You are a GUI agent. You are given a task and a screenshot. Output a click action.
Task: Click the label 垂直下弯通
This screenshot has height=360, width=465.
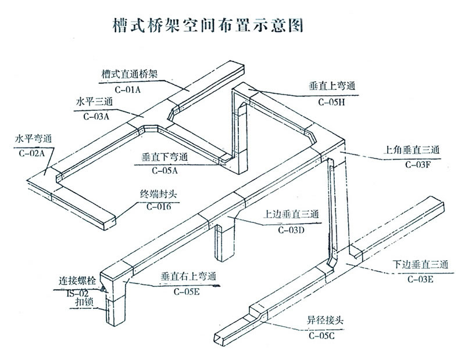tap(164, 157)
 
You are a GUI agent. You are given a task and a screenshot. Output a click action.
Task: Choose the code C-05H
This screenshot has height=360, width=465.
tap(331, 102)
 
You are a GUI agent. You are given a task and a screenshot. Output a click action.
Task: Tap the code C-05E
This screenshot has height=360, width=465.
tap(187, 292)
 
